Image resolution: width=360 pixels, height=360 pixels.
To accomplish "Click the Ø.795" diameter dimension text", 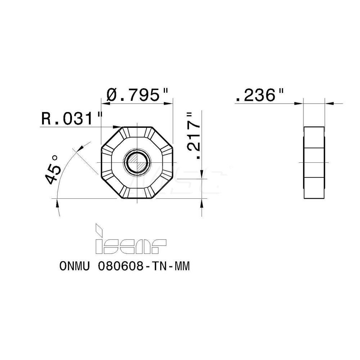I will tap(138, 95).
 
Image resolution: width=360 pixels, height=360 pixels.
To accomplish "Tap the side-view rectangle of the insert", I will tap(314, 162).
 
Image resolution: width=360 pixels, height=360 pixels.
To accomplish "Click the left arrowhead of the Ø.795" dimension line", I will tap(104, 103).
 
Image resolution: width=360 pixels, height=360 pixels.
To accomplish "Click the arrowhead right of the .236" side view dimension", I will tap(329, 103).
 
